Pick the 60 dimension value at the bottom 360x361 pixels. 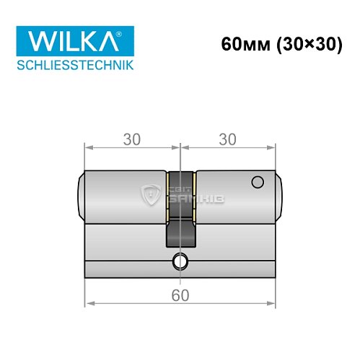(x=180, y=295)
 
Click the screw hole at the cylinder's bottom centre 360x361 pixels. (x=180, y=261)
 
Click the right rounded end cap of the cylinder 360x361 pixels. (x=279, y=196)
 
